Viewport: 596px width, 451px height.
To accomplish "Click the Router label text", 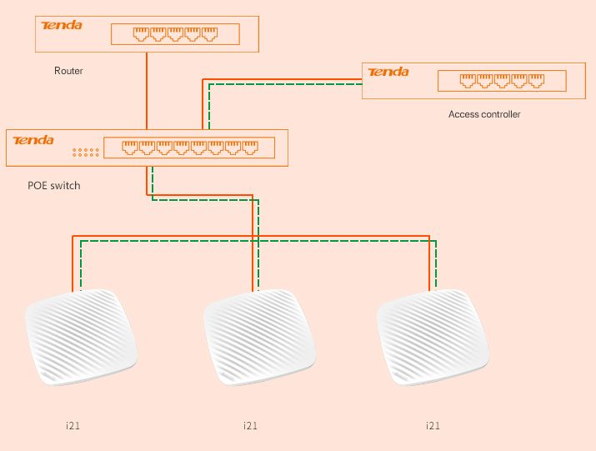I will coord(68,71).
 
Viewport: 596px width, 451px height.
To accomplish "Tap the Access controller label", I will coord(483,114).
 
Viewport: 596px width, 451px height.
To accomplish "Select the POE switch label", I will coord(54,185).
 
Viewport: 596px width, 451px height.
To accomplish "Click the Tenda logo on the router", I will coord(63,25).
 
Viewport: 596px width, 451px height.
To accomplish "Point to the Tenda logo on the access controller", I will coord(388,73).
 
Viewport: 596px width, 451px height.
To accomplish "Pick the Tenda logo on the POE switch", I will coord(34,140).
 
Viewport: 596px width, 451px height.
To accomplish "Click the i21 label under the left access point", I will coord(73,426).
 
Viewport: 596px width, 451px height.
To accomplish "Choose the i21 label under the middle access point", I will coord(250,426).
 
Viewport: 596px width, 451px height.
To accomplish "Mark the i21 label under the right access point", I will coord(433,426).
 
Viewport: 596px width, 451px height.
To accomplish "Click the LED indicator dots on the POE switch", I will coord(85,153).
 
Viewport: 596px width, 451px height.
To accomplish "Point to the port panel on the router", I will coord(175,34).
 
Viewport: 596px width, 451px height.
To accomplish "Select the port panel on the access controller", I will coord(502,81).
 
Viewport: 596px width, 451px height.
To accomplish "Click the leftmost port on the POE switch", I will coord(131,148).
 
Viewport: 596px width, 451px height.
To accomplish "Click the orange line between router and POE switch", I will coord(147,92).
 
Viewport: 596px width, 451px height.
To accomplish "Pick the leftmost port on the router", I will coord(142,34).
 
